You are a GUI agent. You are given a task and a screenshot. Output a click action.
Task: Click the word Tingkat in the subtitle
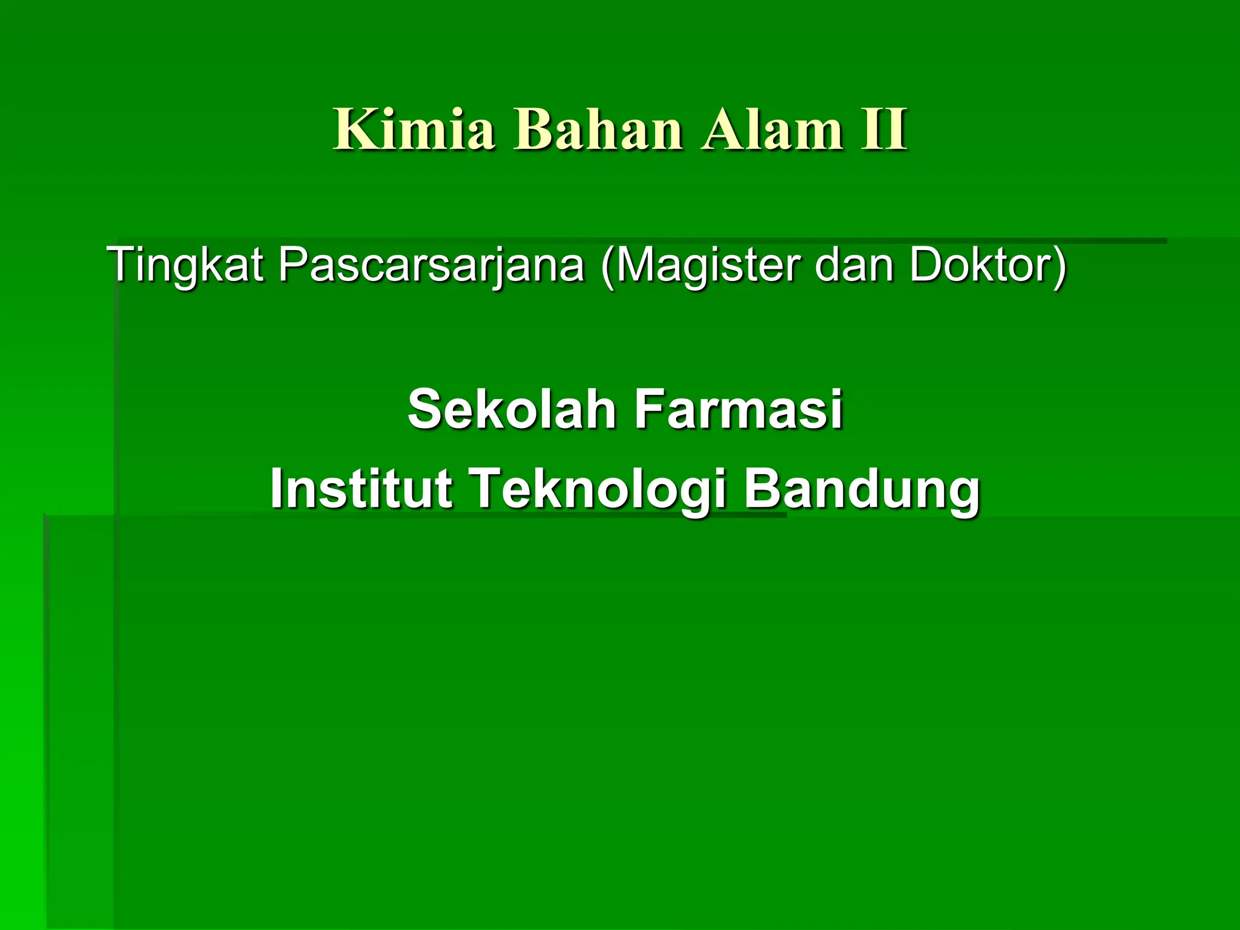coord(185,265)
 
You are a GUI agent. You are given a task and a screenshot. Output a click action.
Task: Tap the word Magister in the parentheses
coord(708,265)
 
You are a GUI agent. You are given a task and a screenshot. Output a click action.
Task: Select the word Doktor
coord(980,265)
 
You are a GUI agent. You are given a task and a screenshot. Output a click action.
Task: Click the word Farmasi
coord(738,409)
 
